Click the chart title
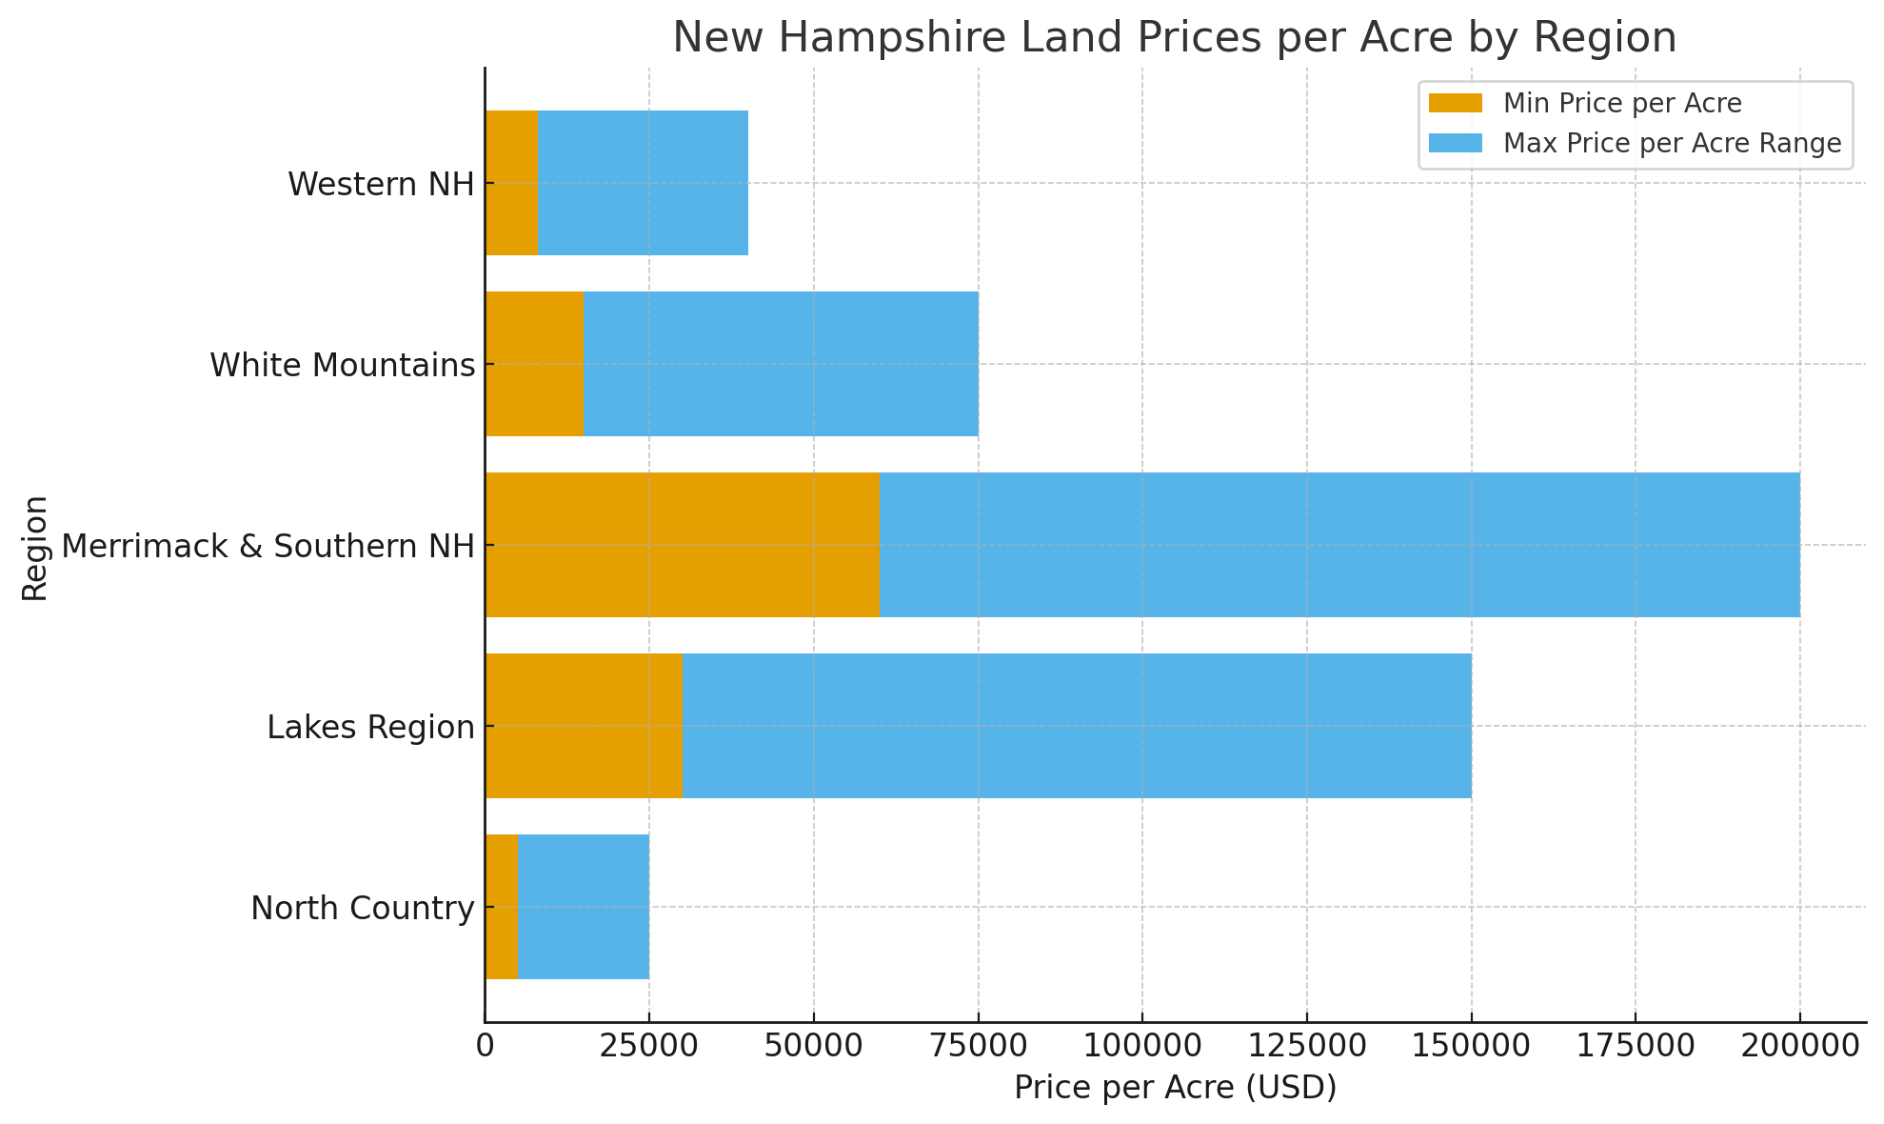1174,38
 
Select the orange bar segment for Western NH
512,183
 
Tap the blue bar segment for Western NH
644,183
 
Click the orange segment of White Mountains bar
535,364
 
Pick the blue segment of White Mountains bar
781,364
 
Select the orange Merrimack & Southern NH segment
682,545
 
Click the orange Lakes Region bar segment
585,726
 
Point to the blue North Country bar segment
584,907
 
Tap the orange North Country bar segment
502,907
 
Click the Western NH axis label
381,184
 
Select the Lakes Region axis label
370,728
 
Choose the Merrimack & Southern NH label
268,547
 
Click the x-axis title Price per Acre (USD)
1175,1088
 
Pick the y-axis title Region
34,547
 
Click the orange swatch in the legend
1456,103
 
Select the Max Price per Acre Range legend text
1672,144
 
